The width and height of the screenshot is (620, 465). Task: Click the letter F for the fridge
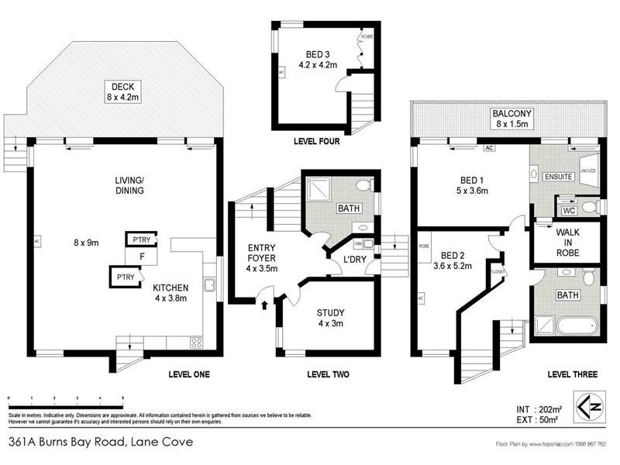[x=142, y=256]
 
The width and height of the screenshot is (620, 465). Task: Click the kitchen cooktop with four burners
[x=195, y=342]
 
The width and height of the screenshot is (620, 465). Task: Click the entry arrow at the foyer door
[x=266, y=304]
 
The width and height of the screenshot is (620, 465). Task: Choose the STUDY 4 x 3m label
[x=330, y=319]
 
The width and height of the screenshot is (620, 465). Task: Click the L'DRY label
[x=343, y=260]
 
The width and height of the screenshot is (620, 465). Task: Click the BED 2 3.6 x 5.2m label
[x=457, y=260]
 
